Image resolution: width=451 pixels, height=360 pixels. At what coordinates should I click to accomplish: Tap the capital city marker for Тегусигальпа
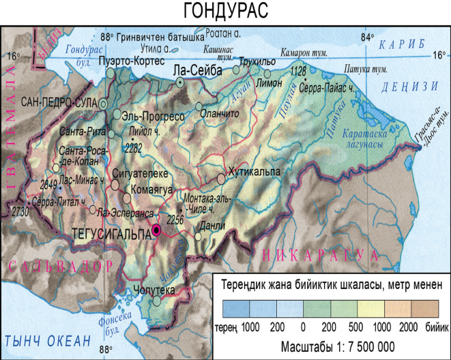coord(157,231)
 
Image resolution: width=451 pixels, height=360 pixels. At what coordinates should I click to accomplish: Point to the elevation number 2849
coord(48,184)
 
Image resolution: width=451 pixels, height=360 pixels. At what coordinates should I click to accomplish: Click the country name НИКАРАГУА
coord(321,256)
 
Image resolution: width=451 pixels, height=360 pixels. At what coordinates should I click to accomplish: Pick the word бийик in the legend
coord(432,327)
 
